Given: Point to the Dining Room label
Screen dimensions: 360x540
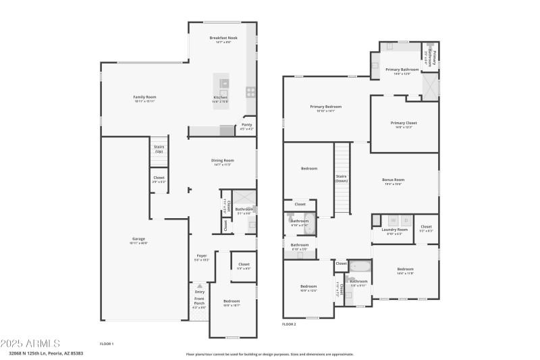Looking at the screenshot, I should click(x=223, y=161).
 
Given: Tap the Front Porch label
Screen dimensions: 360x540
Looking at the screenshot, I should click(x=199, y=302).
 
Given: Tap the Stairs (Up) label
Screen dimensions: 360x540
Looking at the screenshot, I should click(x=159, y=149).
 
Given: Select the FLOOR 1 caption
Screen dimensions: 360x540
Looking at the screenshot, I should click(x=107, y=344).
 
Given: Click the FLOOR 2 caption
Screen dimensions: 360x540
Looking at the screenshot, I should click(x=289, y=324).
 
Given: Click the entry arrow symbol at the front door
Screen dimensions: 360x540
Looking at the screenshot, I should click(x=199, y=286).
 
